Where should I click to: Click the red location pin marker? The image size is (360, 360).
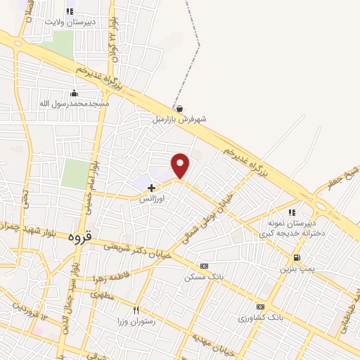pyautogui.click(x=181, y=165)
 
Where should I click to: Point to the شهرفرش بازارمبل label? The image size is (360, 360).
pyautogui.click(x=180, y=120)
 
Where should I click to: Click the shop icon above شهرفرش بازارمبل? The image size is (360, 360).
pyautogui.click(x=180, y=108)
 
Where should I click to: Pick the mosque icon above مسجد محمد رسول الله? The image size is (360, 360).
pyautogui.click(x=75, y=93)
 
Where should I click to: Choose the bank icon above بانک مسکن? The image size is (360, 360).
pyautogui.click(x=204, y=266)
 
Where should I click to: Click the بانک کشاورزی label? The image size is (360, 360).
pyautogui.click(x=259, y=318)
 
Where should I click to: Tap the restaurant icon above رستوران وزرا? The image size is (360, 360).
pyautogui.click(x=136, y=310)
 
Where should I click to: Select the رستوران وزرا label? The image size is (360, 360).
pyautogui.click(x=136, y=321)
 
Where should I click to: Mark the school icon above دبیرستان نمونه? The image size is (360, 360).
pyautogui.click(x=291, y=212)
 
